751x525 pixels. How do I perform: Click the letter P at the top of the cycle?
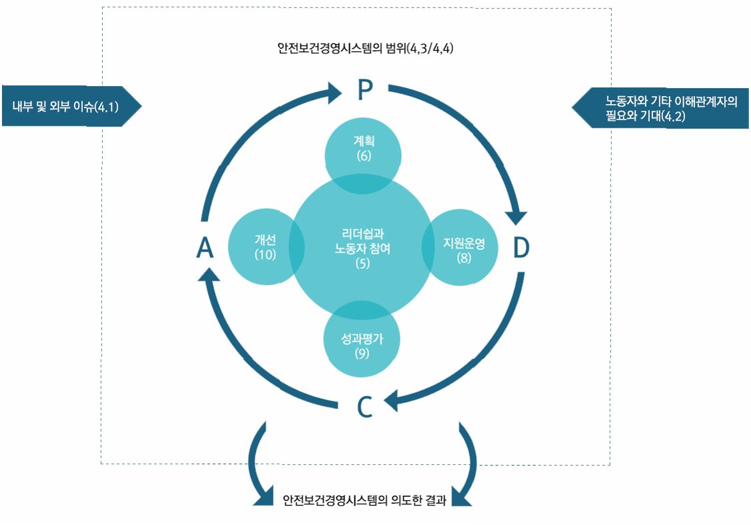tap(364, 91)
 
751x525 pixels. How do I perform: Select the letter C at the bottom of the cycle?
tap(364, 406)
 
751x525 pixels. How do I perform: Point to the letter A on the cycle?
tap(205, 248)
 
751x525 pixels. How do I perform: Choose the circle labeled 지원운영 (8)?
tap(464, 248)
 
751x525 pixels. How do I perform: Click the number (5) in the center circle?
tap(362, 264)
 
